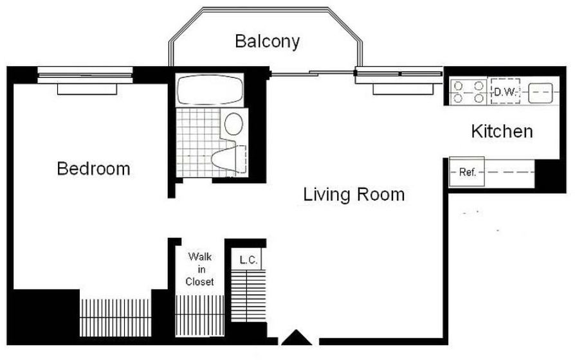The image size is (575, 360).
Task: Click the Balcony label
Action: (x=268, y=41)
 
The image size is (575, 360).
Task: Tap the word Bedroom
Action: (x=93, y=168)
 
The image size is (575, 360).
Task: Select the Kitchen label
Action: (x=502, y=131)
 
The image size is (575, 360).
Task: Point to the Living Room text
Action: (x=354, y=194)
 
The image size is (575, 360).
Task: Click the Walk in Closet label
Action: (x=200, y=269)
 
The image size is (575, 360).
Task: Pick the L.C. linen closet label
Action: (x=249, y=260)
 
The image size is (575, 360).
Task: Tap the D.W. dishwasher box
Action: (x=506, y=92)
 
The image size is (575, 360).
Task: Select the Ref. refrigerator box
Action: (x=467, y=172)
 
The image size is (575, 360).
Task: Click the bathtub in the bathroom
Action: (x=210, y=90)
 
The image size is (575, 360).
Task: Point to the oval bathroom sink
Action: (x=233, y=124)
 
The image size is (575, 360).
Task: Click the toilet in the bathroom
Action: (x=229, y=159)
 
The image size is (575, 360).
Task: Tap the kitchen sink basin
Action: (x=540, y=93)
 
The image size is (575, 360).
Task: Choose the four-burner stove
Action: (x=468, y=92)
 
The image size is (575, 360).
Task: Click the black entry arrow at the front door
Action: (x=297, y=337)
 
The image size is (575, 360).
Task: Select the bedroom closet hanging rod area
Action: (x=116, y=318)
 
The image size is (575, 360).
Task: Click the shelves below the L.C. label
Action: (x=248, y=296)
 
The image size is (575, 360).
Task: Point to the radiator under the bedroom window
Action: (x=87, y=89)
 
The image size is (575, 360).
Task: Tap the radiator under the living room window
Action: (x=403, y=89)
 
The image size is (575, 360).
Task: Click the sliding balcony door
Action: (x=312, y=73)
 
